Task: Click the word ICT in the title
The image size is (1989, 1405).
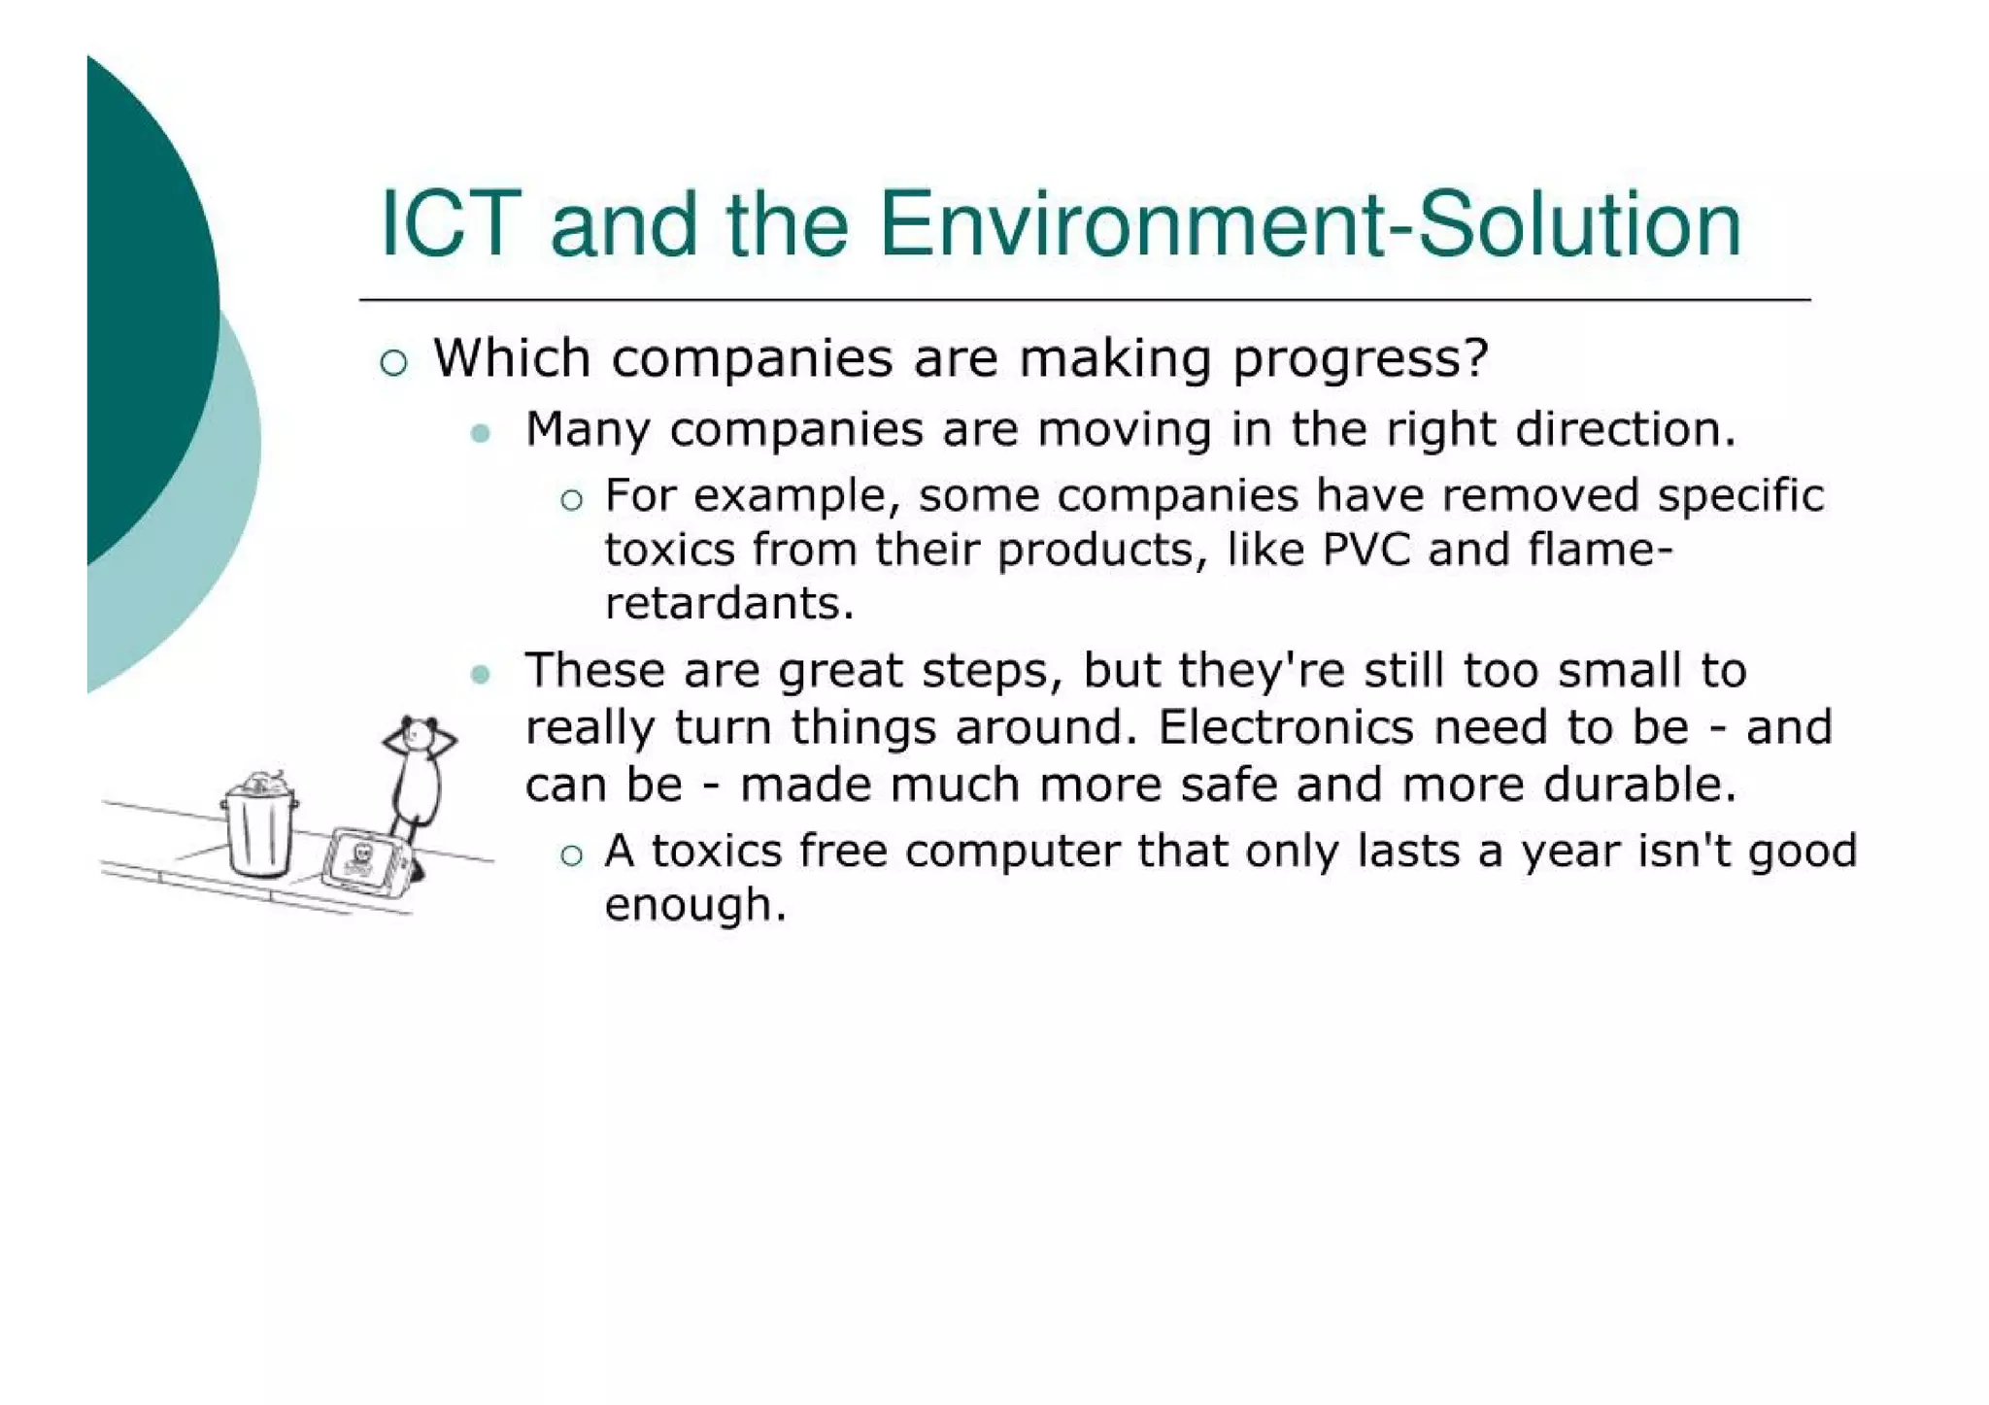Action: tap(451, 225)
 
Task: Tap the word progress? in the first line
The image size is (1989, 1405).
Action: tap(1360, 359)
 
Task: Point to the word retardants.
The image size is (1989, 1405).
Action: tap(728, 604)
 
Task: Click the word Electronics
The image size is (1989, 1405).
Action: tap(1286, 727)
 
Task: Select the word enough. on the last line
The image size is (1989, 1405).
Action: tap(694, 906)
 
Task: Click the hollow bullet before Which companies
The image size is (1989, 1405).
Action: tap(393, 363)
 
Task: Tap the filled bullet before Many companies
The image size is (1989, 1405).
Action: tap(480, 433)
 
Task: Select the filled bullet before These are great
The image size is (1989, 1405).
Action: tap(480, 674)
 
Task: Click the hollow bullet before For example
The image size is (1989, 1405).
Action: tap(571, 500)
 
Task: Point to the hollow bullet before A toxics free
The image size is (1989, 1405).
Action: tap(571, 854)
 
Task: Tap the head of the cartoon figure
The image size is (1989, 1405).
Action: tap(419, 735)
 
